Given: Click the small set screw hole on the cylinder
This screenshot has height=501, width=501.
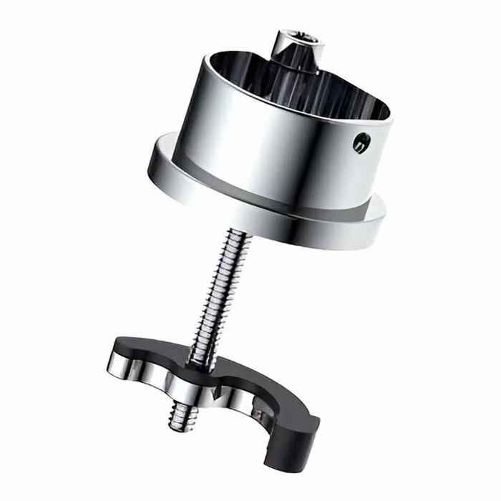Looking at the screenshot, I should (x=361, y=144).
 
